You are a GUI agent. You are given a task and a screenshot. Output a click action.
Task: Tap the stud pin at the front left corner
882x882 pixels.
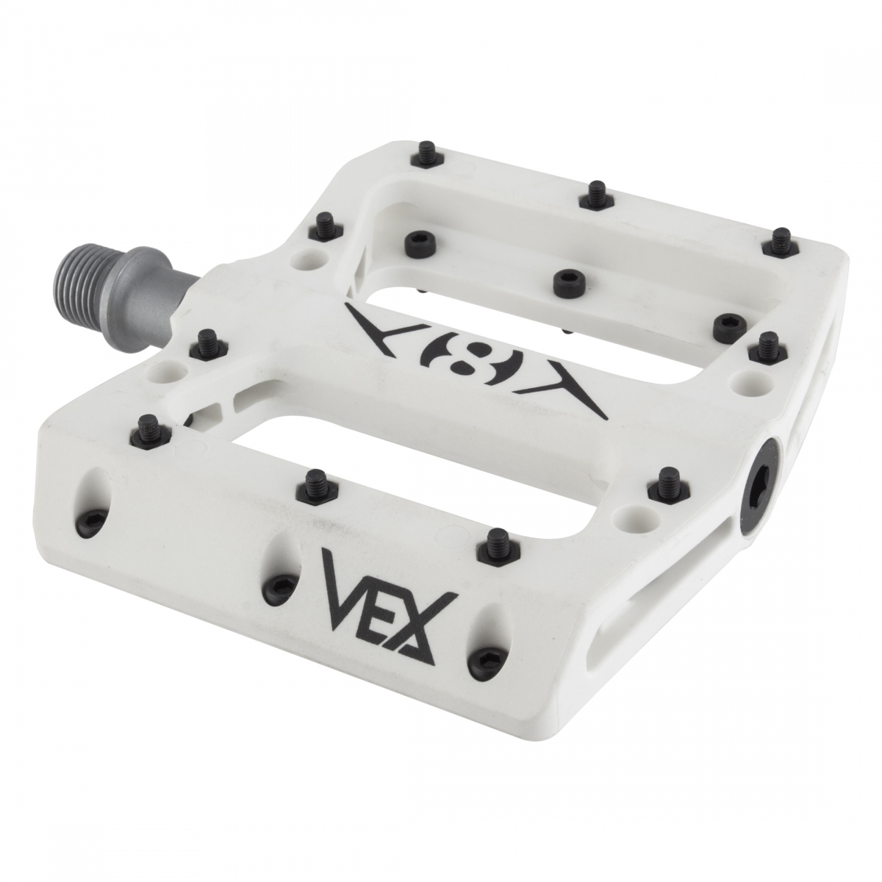pos(148,425)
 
